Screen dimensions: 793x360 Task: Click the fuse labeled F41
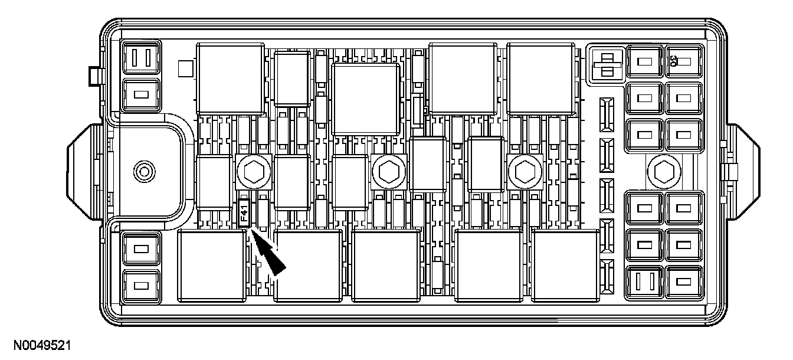click(x=245, y=213)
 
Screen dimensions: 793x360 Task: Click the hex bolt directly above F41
click(x=254, y=172)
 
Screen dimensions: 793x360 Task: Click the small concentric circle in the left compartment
click(x=143, y=172)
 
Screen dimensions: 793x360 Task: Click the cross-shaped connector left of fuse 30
click(x=606, y=63)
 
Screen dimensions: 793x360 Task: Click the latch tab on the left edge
click(x=84, y=172)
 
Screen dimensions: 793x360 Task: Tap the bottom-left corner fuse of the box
click(x=140, y=286)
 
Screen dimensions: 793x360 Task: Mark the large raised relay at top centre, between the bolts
click(x=365, y=99)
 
